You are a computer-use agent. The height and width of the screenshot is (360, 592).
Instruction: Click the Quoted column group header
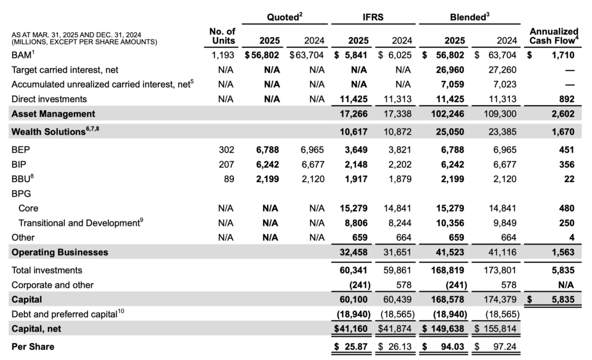click(284, 18)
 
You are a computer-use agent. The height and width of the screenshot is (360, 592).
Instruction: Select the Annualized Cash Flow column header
click(553, 36)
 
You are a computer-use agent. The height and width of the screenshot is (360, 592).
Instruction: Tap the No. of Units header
click(223, 36)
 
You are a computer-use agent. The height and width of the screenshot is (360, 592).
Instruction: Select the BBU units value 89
click(229, 179)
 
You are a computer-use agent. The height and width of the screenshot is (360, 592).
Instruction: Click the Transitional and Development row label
click(80, 222)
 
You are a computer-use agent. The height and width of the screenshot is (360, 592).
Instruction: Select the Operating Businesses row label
click(60, 253)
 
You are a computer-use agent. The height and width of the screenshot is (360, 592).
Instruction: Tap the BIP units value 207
click(227, 164)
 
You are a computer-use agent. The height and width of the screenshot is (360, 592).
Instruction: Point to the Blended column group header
click(470, 18)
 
